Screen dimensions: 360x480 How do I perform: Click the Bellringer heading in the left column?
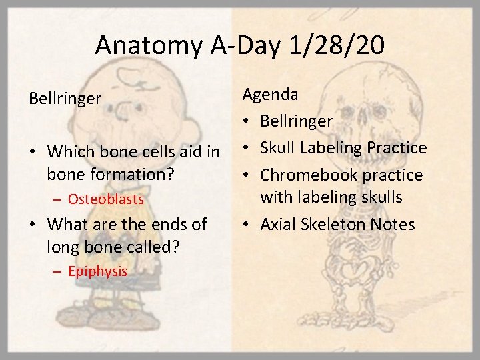[x=65, y=99]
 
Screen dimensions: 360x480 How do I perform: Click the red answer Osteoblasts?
[x=106, y=199]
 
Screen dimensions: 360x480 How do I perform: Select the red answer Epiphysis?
[x=97, y=271]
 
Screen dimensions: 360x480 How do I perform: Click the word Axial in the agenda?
[x=280, y=224]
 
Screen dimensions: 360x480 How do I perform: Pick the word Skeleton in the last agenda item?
[x=340, y=224]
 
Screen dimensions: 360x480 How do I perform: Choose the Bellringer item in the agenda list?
[x=297, y=121]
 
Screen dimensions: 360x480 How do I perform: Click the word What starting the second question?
[x=69, y=224]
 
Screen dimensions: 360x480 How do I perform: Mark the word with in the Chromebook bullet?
[x=275, y=197]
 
